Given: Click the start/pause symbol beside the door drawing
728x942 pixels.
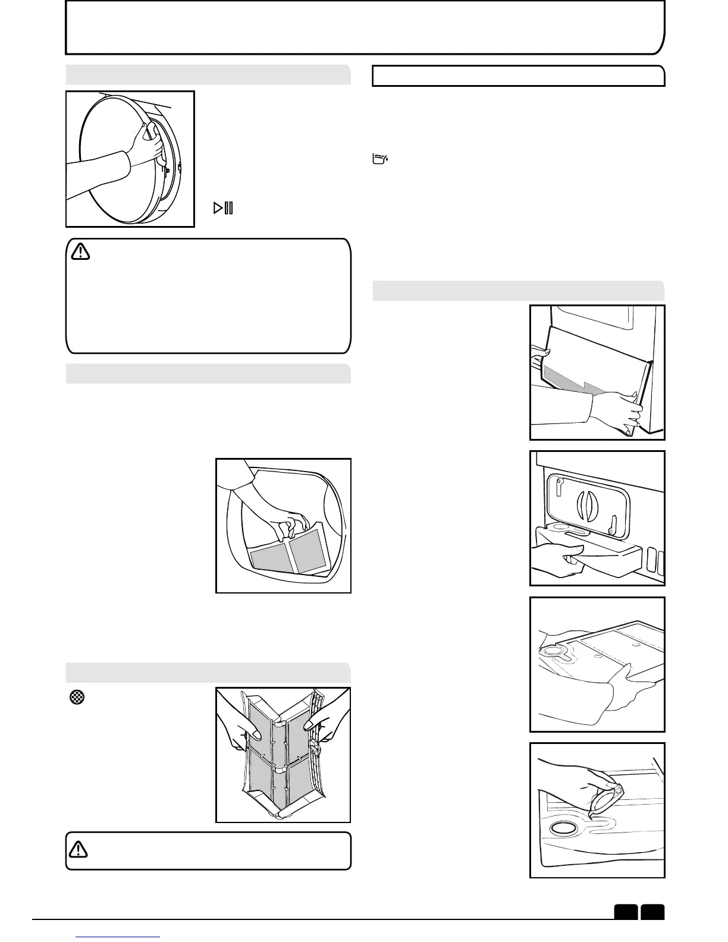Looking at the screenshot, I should [224, 208].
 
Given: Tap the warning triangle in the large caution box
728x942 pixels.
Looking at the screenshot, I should [80, 252].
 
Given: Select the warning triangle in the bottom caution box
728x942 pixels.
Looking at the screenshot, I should [79, 850].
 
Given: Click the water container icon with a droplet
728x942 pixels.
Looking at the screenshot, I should [379, 159].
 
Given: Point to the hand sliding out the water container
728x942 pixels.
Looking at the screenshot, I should [556, 559].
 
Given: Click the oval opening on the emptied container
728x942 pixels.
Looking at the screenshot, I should [565, 828].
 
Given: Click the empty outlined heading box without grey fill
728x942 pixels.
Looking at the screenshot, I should [518, 76].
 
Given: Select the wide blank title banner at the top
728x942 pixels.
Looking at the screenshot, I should [364, 27].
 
